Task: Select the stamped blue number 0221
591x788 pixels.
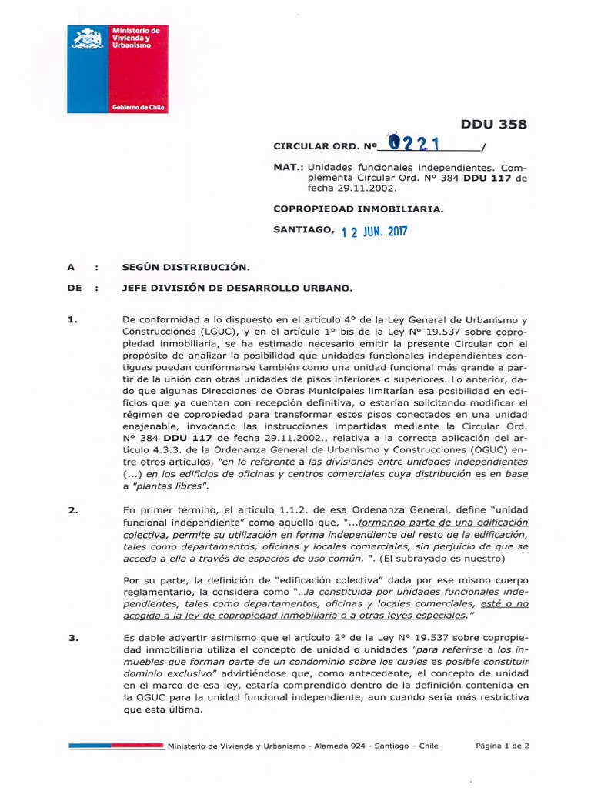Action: click(416, 142)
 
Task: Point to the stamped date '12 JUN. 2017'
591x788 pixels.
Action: click(374, 231)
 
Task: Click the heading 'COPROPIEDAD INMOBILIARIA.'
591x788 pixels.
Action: click(358, 209)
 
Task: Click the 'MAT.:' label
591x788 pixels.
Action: click(289, 166)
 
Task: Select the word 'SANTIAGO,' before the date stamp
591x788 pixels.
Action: click(304, 229)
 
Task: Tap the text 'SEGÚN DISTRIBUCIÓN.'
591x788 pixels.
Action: click(186, 267)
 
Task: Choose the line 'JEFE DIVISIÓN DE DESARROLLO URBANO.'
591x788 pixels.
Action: click(237, 288)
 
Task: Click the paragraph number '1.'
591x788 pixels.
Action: click(74, 319)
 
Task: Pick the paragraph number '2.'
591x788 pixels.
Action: click(74, 510)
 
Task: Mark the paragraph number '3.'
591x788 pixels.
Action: click(74, 638)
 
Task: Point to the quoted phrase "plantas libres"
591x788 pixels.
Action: click(170, 486)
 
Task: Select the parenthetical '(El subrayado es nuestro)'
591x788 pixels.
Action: click(440, 558)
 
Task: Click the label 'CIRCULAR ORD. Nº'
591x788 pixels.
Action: click(328, 145)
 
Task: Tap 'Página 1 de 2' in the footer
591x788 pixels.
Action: click(502, 746)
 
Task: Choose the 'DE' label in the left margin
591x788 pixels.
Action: click(74, 288)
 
